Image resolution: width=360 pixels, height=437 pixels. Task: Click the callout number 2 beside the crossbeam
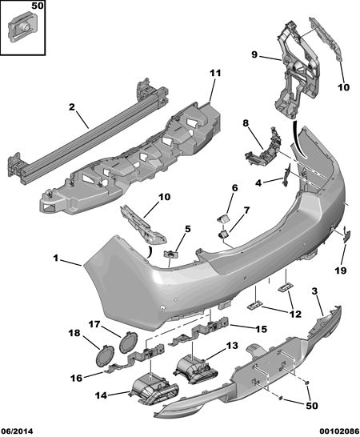[x=72, y=107]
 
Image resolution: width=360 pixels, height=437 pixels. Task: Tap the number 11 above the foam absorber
[x=215, y=74]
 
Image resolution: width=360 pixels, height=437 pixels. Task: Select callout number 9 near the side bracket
[x=254, y=55]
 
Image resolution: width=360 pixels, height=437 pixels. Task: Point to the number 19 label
[x=341, y=271]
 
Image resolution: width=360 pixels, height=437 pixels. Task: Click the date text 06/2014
[x=17, y=431]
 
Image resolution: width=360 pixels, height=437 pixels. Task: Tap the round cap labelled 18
[x=105, y=355]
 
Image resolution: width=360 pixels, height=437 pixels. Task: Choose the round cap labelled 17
[x=129, y=341]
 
